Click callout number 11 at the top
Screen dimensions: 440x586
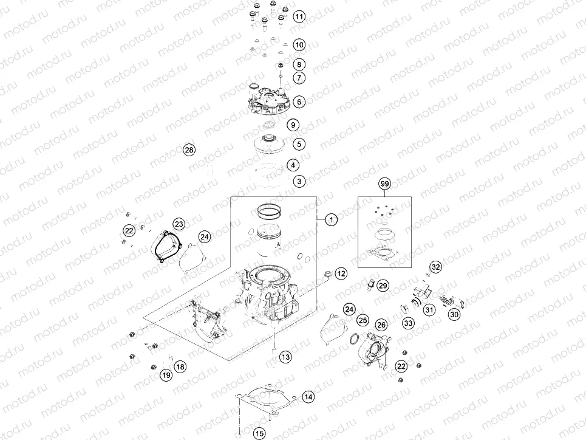pos(299,16)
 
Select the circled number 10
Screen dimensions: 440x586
pos(299,45)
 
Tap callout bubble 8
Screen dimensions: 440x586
pos(299,64)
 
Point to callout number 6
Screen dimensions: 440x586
pos(299,101)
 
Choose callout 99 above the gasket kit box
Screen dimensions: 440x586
pos(383,184)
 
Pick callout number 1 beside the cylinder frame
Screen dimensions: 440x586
pos(331,219)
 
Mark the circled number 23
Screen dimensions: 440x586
pos(179,223)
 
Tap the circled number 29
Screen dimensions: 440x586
pos(383,285)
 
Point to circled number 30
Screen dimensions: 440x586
pos(454,314)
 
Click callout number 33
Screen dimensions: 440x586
pos(409,323)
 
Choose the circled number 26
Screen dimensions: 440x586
pos(381,325)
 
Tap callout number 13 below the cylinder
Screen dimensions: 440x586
pos(285,356)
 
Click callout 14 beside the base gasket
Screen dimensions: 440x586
pos(308,397)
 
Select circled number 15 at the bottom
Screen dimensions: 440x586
pos(259,433)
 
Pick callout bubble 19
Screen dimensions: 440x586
pos(166,376)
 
